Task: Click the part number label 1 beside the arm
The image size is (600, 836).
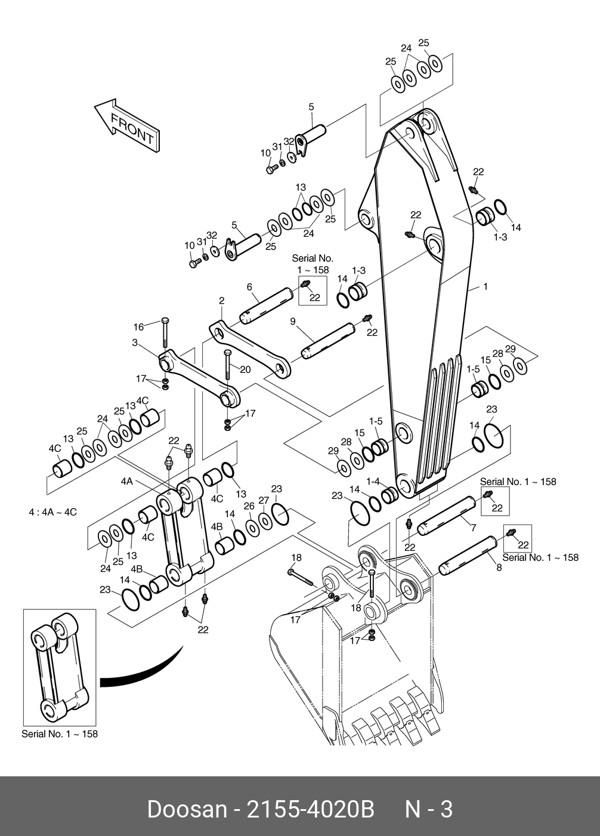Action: [x=485, y=287]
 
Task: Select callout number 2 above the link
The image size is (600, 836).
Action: [x=221, y=301]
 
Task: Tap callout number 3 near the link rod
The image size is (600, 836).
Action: [x=135, y=343]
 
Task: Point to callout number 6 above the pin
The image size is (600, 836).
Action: [x=249, y=287]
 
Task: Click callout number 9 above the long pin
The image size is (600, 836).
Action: [x=293, y=322]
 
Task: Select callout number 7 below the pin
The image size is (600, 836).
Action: [x=473, y=529]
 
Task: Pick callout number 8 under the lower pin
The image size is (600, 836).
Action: [x=499, y=567]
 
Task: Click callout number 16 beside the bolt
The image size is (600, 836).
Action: [x=138, y=326]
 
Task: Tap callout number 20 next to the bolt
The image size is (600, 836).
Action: [x=245, y=369]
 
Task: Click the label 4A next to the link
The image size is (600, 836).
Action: [x=126, y=481]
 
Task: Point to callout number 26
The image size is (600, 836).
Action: [x=249, y=506]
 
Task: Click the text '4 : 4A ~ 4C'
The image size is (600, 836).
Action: [x=52, y=512]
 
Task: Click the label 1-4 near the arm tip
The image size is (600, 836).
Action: [x=373, y=481]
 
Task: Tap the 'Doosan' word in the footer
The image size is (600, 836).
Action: [x=187, y=810]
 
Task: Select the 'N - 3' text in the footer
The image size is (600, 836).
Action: [x=429, y=810]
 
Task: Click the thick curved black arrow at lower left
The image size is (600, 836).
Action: [x=143, y=671]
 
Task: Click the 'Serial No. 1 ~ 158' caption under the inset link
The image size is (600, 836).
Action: [x=59, y=734]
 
